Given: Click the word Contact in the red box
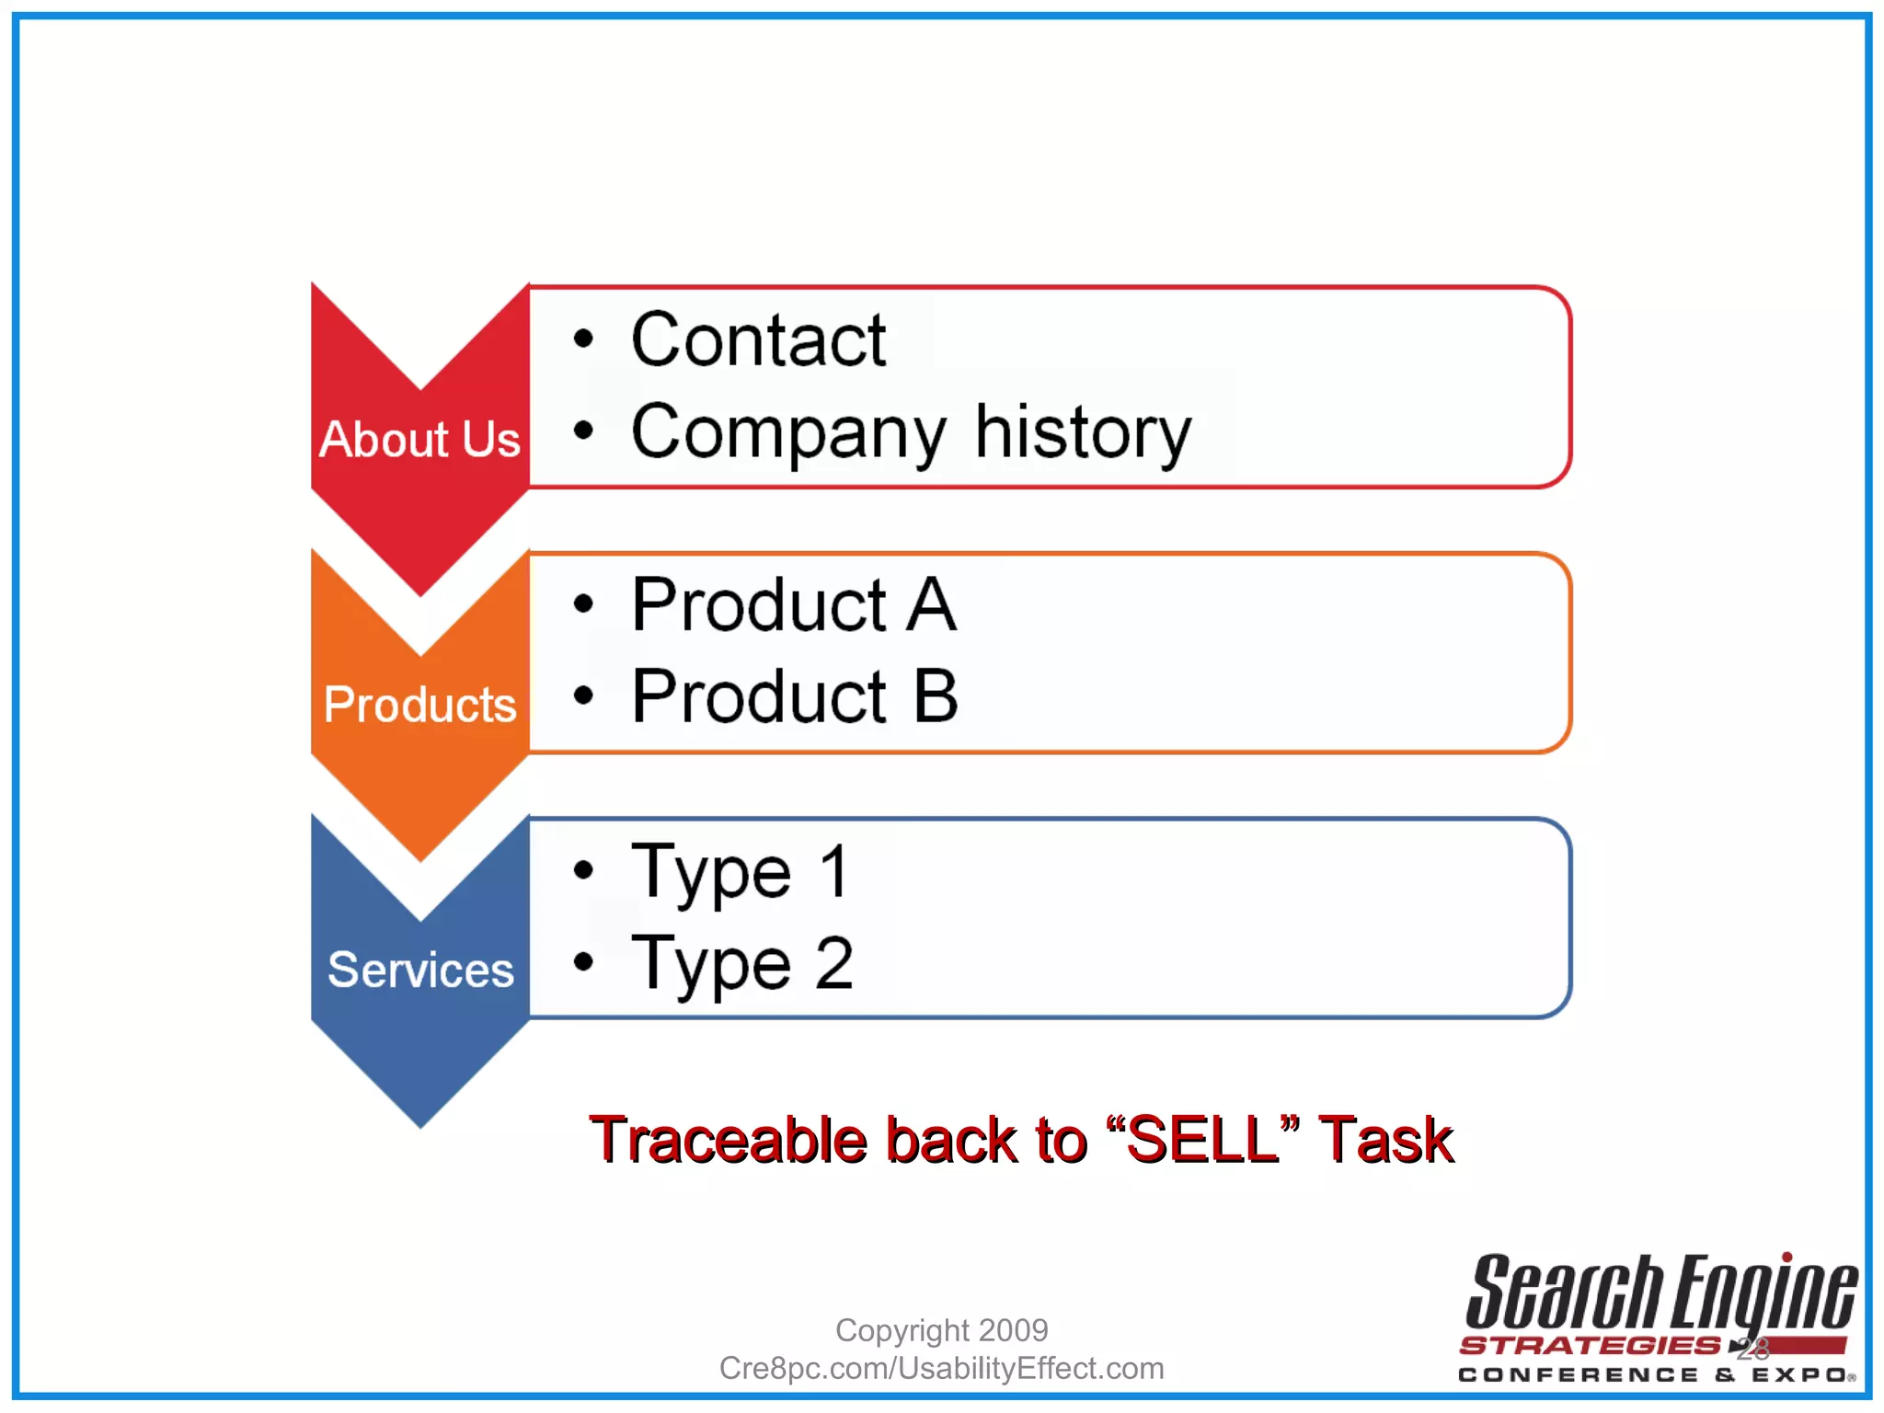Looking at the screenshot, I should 758,340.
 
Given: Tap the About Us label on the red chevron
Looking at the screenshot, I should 419,439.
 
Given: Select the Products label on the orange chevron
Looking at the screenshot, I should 419,705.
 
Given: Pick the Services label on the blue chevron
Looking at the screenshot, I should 420,970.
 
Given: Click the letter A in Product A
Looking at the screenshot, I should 931,605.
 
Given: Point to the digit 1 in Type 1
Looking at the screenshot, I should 834,870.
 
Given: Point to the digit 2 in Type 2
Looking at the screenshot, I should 834,962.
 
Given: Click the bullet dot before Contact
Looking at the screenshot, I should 583,339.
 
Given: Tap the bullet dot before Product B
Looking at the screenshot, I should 583,695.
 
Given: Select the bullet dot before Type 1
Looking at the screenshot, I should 583,869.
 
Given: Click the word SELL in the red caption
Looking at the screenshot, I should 1201,1141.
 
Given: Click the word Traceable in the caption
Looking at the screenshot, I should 728,1141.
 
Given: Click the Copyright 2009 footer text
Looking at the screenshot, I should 941,1330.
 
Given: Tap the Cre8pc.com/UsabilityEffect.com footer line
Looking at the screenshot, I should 941,1369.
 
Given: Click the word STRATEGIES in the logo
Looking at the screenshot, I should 1590,1346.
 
